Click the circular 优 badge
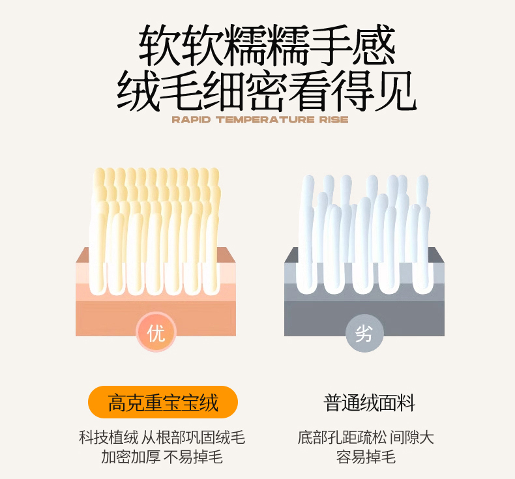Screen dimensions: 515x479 156,332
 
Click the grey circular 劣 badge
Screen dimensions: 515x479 364,333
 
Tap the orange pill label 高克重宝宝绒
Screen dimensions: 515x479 163,402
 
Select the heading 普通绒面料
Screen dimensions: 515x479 369,403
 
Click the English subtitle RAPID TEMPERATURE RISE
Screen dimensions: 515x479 260,119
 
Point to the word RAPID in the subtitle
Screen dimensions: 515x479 191,119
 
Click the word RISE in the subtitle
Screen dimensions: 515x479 334,119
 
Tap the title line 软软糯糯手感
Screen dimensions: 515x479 267,46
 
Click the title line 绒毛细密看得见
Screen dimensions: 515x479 267,91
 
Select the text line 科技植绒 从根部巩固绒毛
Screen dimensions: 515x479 162,438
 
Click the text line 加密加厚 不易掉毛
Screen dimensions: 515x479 162,457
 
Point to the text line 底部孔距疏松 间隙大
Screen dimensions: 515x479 366,438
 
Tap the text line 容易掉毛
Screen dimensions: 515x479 366,457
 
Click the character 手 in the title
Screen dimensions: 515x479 331,46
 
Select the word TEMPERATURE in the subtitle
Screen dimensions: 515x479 265,119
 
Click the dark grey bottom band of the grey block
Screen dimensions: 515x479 364,319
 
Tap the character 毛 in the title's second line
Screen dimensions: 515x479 181,91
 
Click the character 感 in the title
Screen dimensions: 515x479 374,46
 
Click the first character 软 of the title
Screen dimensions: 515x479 159,46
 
